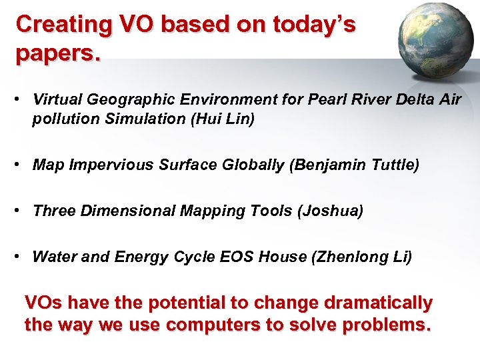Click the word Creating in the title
tap(64, 25)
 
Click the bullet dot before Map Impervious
tap(21, 164)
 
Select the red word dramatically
tap(378, 303)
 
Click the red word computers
tap(219, 325)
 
